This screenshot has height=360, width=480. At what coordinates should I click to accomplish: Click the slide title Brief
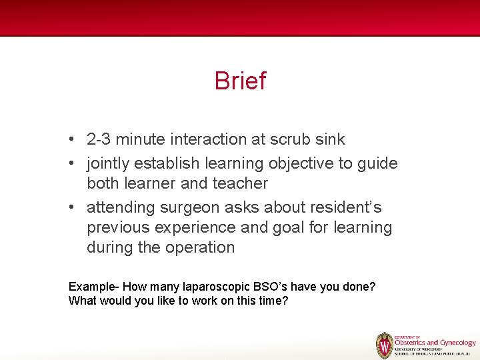click(x=240, y=81)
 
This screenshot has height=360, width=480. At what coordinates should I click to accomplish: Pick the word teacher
click(x=240, y=183)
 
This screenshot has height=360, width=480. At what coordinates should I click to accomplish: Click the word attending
click(x=120, y=207)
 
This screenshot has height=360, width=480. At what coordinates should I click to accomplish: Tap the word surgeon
click(x=187, y=207)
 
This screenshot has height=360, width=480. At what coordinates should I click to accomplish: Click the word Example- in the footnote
click(x=94, y=287)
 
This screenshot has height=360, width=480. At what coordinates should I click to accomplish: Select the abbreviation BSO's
click(x=270, y=287)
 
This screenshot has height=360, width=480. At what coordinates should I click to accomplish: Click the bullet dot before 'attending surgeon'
click(x=71, y=207)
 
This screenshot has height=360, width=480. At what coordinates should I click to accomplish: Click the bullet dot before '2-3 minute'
click(x=71, y=139)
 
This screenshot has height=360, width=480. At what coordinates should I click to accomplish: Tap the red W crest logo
click(x=385, y=345)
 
